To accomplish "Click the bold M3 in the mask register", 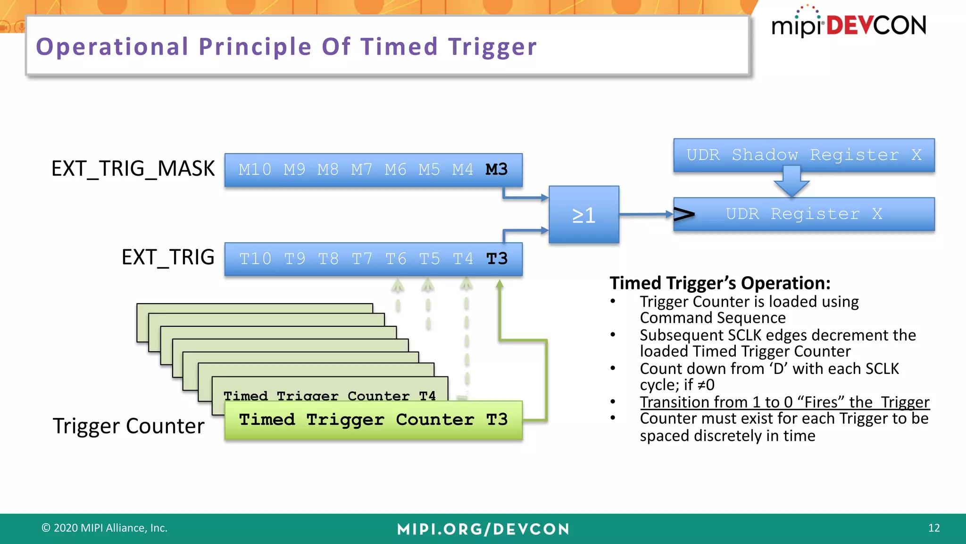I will pos(497,170).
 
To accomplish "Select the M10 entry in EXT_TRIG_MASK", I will pos(255,170).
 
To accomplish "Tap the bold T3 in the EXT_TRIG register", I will pos(497,259).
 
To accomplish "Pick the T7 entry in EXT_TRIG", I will pos(362,259).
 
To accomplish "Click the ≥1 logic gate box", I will pos(584,215).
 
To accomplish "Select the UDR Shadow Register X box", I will pos(804,155).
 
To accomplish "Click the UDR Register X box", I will pos(804,214).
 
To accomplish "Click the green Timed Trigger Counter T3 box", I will pos(373,420).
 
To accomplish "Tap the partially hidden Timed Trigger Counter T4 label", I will pos(329,395).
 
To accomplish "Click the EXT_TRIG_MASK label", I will pos(133,169).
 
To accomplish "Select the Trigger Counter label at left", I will pos(128,426).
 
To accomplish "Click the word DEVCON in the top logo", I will pos(876,25).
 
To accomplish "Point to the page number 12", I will pos(933,528).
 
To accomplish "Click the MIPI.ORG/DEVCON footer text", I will pos(483,529).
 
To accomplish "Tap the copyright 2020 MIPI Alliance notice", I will pos(105,528).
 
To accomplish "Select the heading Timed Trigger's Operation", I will pos(720,283).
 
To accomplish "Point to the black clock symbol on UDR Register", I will pos(684,214).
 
